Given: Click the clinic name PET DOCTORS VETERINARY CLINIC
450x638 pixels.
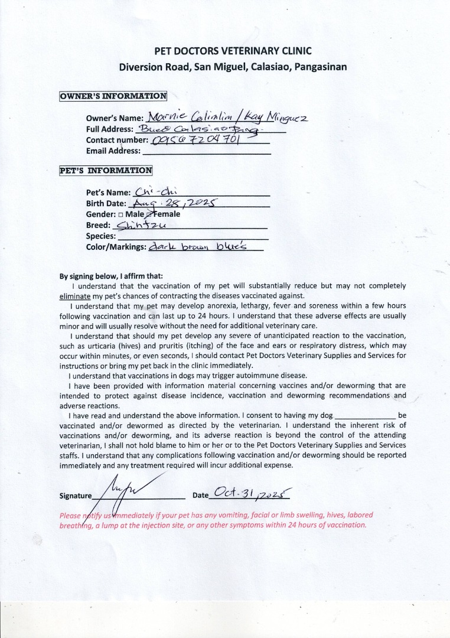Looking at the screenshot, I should tap(233, 51).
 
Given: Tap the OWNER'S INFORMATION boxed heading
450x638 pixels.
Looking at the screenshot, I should tap(113, 96).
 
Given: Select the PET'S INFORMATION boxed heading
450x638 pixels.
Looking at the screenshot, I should tap(106, 171).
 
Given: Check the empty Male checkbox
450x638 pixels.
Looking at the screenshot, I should tap(120, 214).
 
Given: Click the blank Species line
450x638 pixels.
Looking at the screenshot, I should tap(193, 236).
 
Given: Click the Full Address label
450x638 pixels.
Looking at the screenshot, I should tap(110, 129).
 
